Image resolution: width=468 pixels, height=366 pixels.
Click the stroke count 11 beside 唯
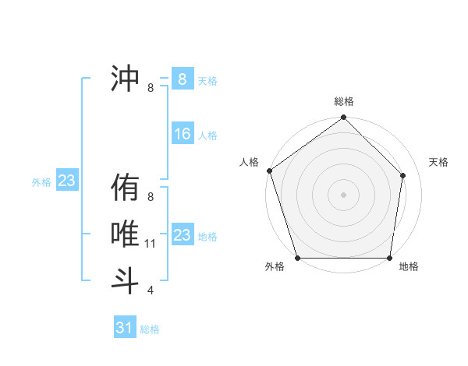[151, 244]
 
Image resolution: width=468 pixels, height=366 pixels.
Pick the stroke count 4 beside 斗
[151, 290]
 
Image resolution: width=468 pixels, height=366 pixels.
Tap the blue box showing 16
[182, 134]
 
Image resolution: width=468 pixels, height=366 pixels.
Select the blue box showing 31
[124, 328]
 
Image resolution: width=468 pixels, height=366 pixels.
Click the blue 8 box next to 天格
[182, 79]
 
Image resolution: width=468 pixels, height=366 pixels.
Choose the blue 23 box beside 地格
[182, 235]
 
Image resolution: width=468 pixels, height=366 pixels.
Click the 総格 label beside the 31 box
[150, 329]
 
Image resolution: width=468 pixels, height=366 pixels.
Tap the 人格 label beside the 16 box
[207, 135]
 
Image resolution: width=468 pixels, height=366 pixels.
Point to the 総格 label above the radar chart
[343, 101]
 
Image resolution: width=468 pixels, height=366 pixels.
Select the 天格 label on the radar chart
[439, 162]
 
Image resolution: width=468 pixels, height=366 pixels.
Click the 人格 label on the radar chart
[249, 162]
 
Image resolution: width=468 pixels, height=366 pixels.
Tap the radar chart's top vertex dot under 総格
[343, 118]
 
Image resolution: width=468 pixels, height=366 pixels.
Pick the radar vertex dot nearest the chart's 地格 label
[389, 258]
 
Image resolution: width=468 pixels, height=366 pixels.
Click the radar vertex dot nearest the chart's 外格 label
[297, 258]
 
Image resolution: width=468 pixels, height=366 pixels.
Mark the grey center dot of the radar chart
[343, 194]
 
